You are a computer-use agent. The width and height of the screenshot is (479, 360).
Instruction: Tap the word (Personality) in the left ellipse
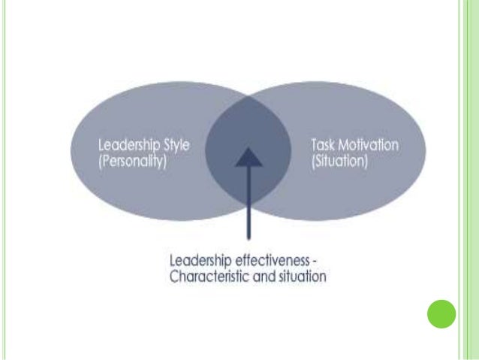coord(132,161)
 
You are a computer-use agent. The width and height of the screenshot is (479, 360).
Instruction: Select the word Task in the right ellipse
coord(321,145)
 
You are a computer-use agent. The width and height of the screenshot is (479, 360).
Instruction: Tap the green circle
coord(441,314)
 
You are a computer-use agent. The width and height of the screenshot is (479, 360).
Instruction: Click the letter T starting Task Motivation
coord(312,145)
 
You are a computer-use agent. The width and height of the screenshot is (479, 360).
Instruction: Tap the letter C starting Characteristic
coord(174,276)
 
